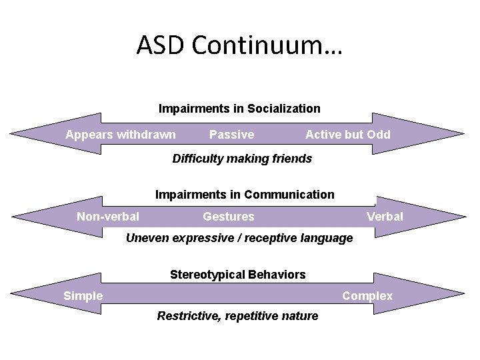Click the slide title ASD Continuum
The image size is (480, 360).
coord(239,45)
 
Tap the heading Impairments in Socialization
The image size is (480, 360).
coord(239,108)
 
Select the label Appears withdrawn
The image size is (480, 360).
coord(121,135)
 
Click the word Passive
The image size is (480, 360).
coord(231,135)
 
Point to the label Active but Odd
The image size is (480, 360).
coord(348,135)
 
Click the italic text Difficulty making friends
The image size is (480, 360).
coord(242,159)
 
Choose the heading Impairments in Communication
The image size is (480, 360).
coord(245,195)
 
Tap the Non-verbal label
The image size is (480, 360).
coord(108,216)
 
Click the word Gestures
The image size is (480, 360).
coord(228,216)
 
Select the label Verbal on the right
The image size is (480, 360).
coord(385,216)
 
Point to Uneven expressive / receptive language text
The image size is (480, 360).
coord(239,238)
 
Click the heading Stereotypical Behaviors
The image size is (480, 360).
coord(238,274)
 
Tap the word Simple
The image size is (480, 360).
coord(83,295)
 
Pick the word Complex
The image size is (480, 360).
coord(367,295)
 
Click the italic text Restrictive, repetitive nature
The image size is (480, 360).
coord(237,316)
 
